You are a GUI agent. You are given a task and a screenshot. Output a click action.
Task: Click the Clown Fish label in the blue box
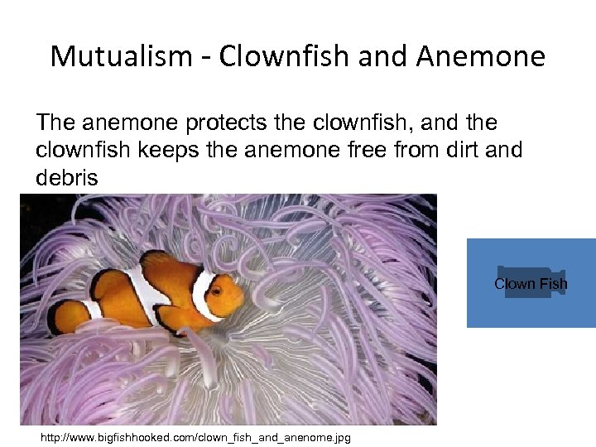[x=531, y=284]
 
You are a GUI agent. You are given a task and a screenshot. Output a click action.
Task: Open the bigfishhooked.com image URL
[x=195, y=437]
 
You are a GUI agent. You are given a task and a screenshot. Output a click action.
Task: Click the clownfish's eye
[x=217, y=290]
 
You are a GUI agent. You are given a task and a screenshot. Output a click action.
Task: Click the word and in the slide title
[x=377, y=57]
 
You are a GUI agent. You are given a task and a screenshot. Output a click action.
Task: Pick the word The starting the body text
[x=57, y=123]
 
